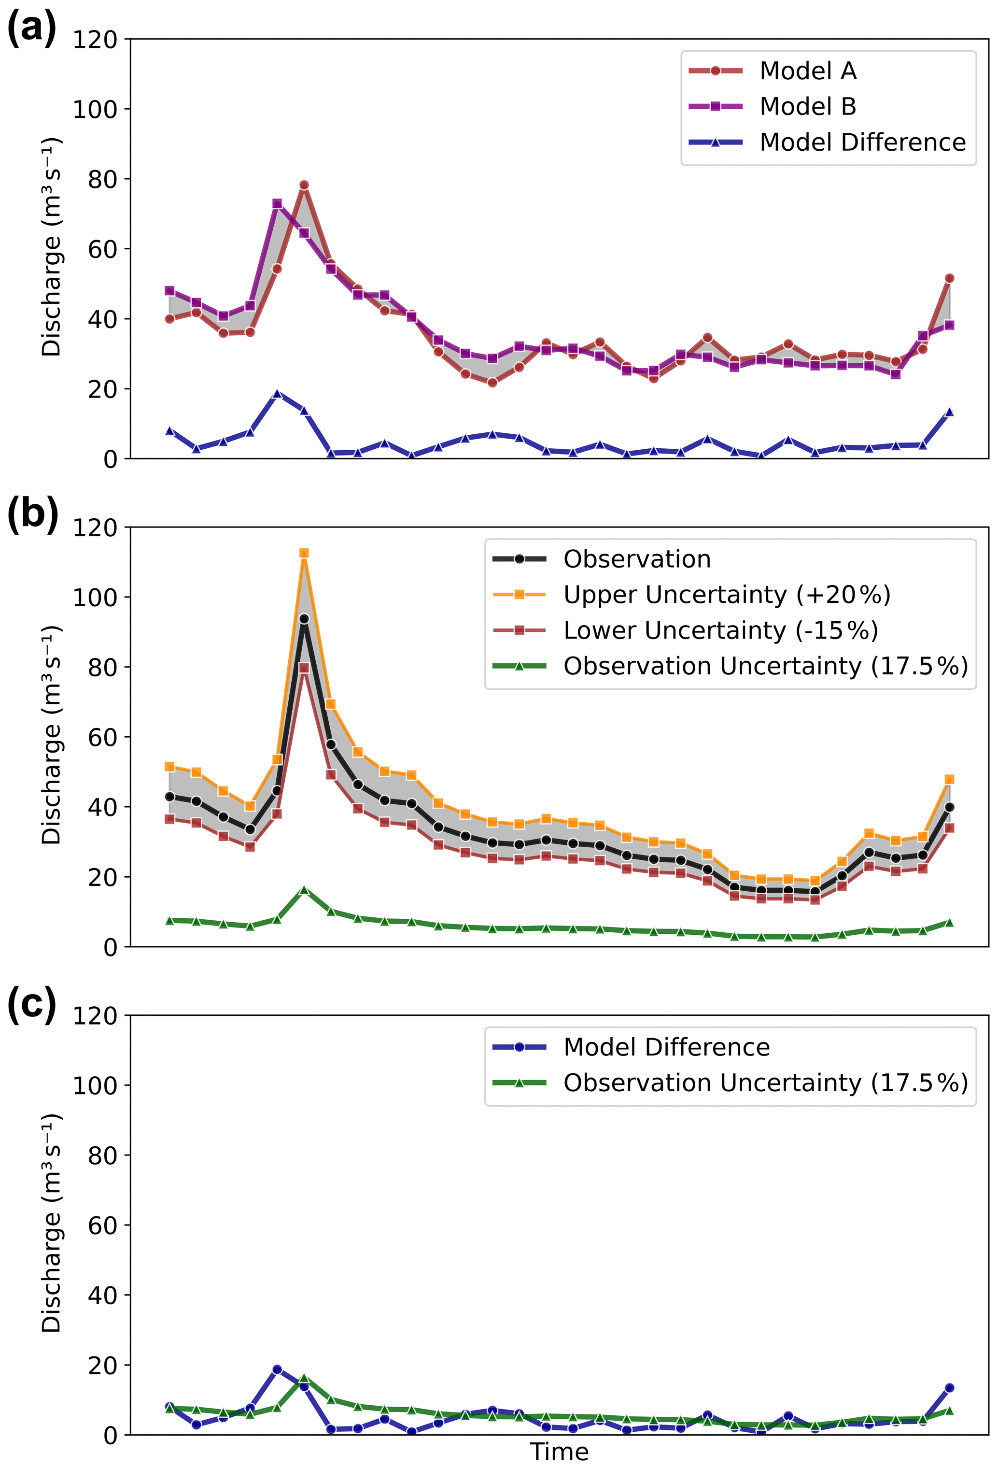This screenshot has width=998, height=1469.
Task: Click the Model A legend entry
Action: pos(807,71)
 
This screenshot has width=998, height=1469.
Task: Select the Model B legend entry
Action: pos(807,106)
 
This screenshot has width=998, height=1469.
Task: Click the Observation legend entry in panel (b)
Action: pos(637,559)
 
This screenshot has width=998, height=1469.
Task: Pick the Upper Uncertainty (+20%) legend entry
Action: pos(726,594)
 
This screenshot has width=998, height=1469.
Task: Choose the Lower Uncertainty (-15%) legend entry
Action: pos(720,630)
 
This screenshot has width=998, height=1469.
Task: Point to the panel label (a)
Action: pos(31,29)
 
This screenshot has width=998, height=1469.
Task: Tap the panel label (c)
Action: pos(31,1004)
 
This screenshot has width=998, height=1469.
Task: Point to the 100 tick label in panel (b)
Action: pos(95,598)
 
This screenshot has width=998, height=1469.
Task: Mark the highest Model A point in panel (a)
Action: pos(304,185)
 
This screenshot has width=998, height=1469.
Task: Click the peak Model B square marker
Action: pos(277,203)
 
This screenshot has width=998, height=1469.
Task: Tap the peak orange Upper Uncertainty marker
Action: pos(304,553)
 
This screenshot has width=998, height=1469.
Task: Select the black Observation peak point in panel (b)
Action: pos(304,619)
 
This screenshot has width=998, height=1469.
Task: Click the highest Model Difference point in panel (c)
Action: pos(277,1370)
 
